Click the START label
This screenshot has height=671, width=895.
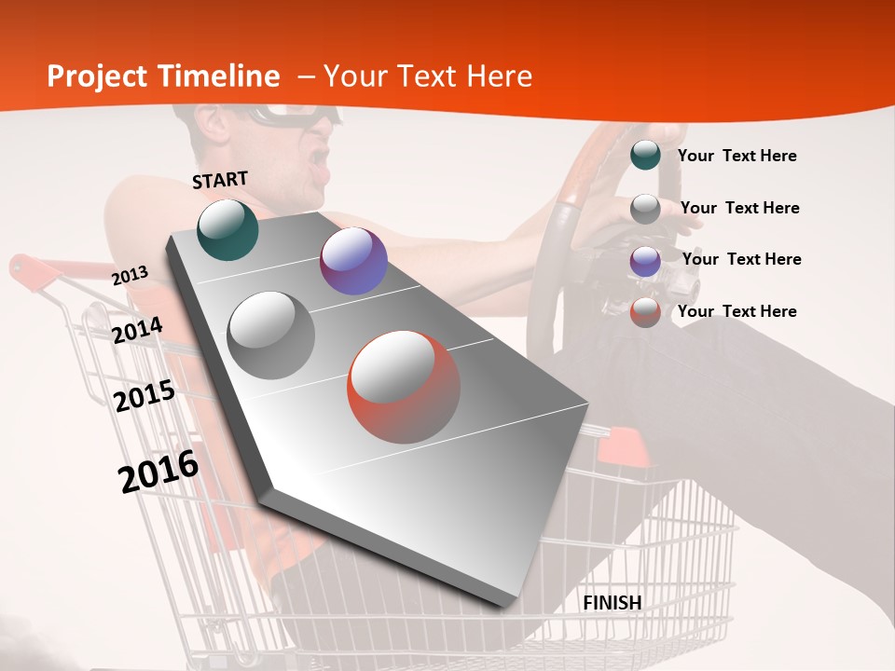220,180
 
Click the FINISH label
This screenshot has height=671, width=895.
612,603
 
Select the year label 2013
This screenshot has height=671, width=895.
130,276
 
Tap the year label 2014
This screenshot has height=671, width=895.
138,330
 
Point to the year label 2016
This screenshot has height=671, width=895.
158,472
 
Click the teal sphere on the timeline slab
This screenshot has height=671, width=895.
227,229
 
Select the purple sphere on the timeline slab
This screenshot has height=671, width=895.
353,261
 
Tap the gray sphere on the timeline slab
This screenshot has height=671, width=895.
270,335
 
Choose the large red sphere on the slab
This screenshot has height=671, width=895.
404,387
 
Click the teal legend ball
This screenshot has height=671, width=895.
645,155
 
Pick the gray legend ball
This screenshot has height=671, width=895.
645,208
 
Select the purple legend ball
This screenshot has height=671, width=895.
645,260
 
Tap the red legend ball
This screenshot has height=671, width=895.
645,312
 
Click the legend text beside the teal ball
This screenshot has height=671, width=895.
737,156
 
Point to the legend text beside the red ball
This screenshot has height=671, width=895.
737,311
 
